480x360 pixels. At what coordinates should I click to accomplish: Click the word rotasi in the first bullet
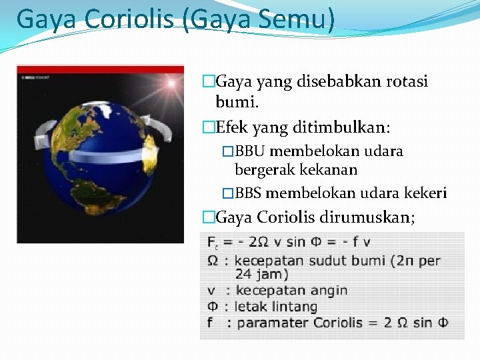tap(405, 82)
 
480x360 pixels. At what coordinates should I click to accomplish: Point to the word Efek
tap(233, 127)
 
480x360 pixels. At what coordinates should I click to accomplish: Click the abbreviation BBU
tap(251, 151)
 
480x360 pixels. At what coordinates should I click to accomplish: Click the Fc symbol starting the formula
tap(213, 243)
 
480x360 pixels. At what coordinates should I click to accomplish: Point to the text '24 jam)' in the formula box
tap(261, 274)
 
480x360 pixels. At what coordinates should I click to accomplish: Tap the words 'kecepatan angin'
tap(291, 291)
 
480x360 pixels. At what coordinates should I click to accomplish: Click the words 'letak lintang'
tap(276, 307)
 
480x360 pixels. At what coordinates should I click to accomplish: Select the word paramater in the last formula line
tap(268, 323)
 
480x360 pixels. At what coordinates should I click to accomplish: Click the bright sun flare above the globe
tap(170, 84)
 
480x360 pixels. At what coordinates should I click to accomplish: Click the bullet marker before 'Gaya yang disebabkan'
tap(209, 82)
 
